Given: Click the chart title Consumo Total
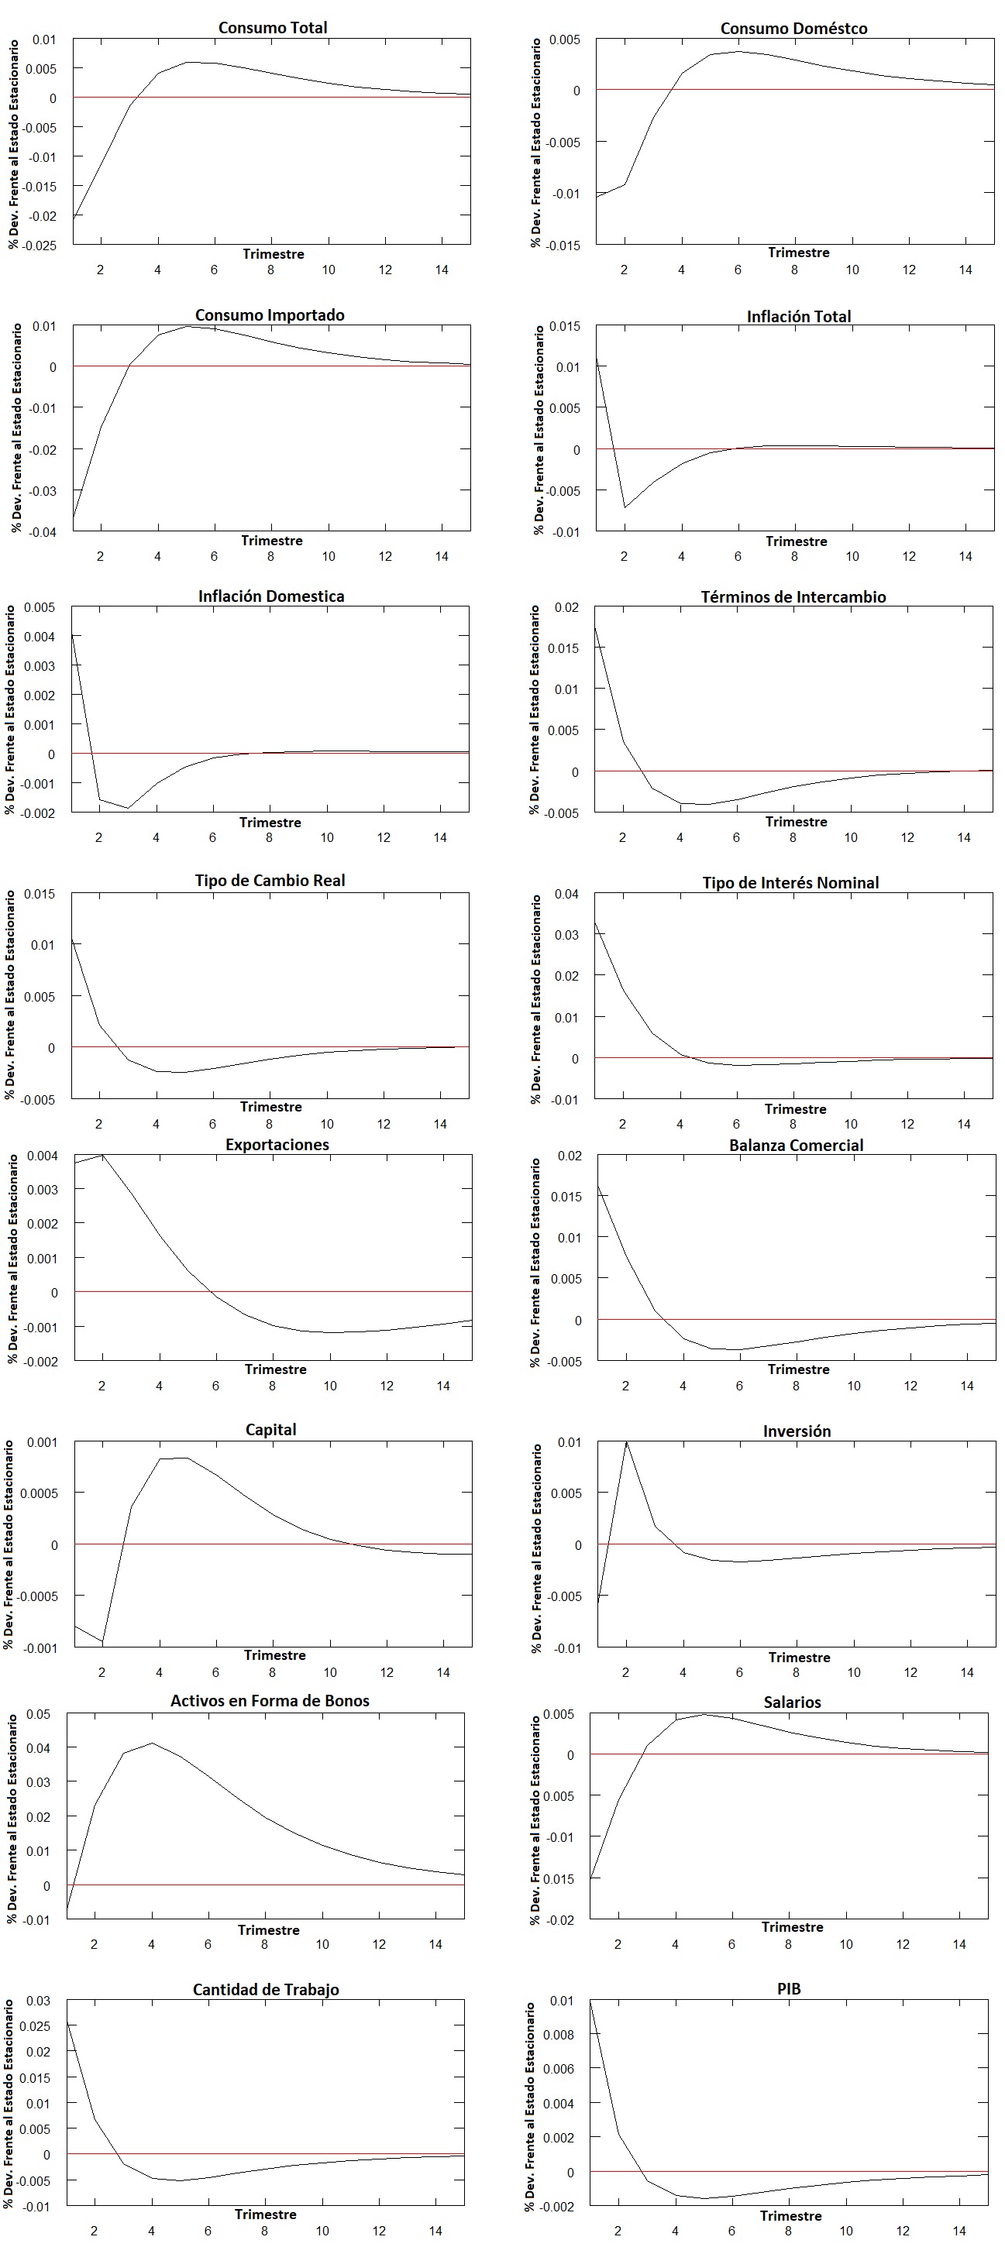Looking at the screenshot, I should (273, 28).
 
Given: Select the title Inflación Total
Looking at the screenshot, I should (798, 317).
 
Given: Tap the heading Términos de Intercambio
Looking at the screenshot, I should (793, 596).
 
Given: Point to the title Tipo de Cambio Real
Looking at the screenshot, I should (270, 880).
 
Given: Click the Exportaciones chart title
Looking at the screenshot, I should (277, 1145).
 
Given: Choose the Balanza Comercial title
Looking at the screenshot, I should (796, 1146).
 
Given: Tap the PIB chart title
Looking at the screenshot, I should (789, 1988).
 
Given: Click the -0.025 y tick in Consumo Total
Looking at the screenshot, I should (39, 245).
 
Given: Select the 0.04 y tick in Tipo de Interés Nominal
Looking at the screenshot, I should (566, 893).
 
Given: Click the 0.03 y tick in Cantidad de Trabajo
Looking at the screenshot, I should (37, 2000).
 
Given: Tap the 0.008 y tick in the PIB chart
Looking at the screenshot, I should (559, 2034).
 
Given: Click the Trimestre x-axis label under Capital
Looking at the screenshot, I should (275, 1654).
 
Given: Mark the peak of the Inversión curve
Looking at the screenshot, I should (626, 1443).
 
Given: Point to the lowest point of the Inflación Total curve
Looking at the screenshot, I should (625, 507).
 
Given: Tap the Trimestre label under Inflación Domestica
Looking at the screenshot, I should (270, 822).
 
